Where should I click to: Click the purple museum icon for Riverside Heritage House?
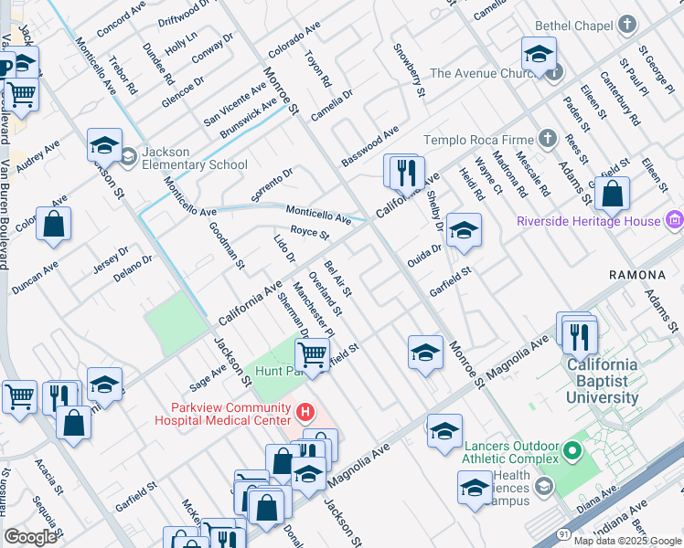click(675, 220)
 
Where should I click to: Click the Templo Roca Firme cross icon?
click(547, 139)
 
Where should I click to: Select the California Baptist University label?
click(602, 381)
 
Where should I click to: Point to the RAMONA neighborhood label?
click(637, 274)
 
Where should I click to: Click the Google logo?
click(30, 537)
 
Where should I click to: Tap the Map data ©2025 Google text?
click(626, 541)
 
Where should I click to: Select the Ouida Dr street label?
click(424, 249)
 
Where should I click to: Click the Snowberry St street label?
click(409, 69)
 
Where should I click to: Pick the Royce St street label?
click(309, 235)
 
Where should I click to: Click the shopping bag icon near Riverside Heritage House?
click(612, 194)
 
